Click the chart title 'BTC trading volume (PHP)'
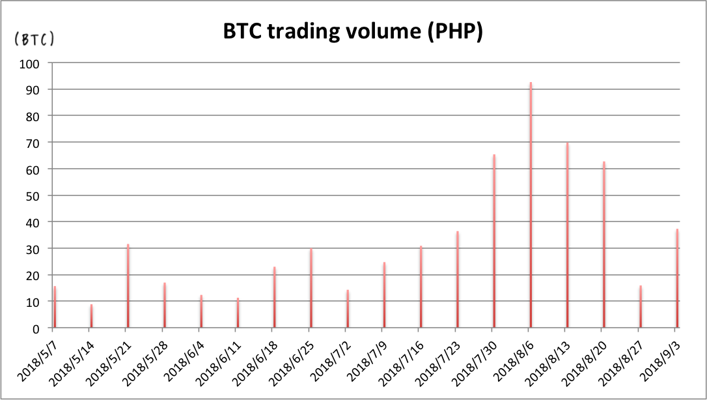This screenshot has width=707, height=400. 353,32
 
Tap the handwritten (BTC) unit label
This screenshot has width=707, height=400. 34,39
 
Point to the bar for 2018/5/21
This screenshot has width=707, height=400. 128,286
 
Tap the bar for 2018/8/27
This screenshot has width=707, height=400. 641,307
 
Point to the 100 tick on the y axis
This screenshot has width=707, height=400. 31,63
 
